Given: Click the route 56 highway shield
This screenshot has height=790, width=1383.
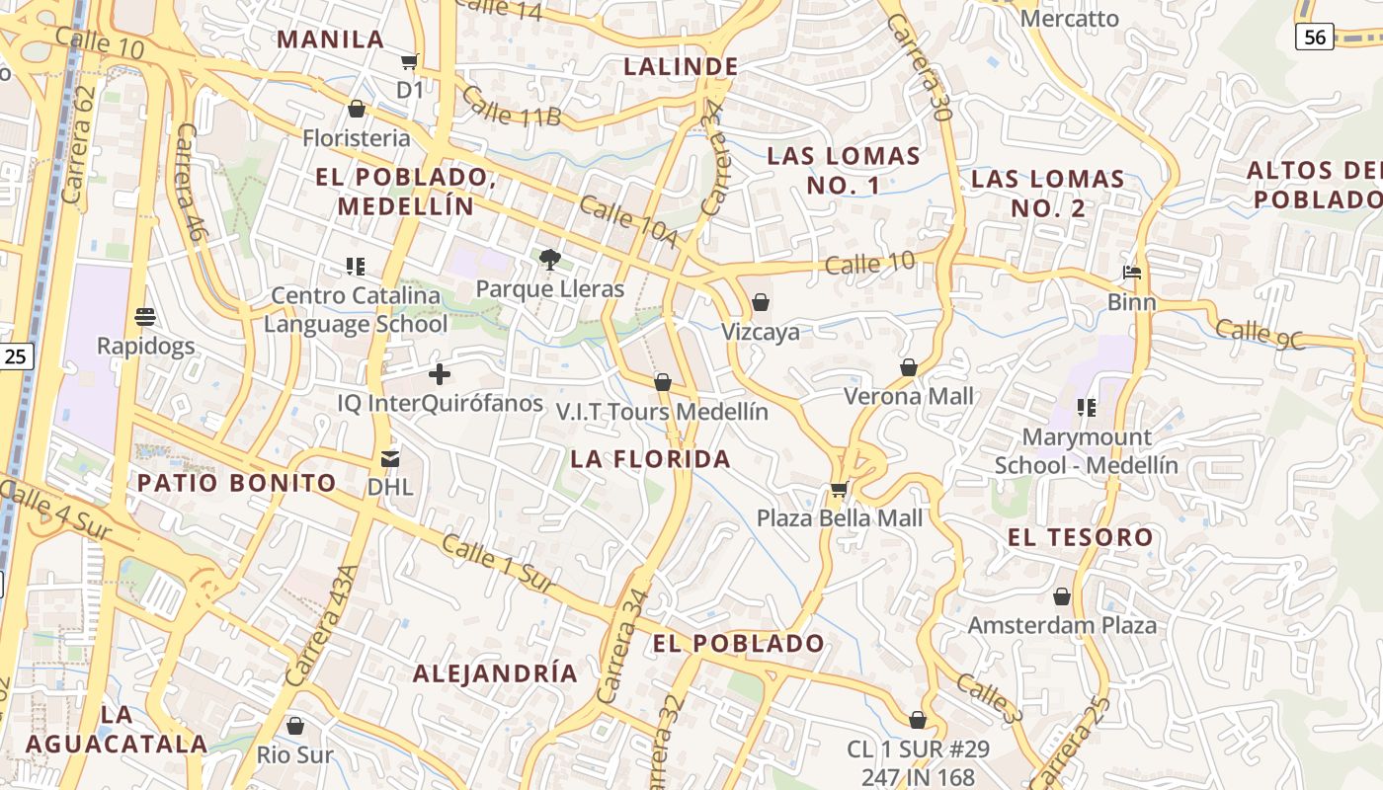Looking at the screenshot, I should [x=1315, y=37].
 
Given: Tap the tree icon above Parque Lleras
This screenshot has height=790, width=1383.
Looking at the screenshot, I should [x=550, y=260].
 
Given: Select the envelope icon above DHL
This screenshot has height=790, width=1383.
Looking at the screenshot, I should [x=390, y=459].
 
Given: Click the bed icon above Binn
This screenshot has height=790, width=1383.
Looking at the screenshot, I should [x=1132, y=273].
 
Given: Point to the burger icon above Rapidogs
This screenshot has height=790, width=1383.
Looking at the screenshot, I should [x=145, y=317].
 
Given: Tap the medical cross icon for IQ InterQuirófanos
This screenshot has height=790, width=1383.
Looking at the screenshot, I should [x=440, y=374].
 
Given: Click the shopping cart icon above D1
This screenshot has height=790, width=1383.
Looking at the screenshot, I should [x=409, y=62].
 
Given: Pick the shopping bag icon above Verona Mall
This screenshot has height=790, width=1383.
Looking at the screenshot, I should [x=909, y=367].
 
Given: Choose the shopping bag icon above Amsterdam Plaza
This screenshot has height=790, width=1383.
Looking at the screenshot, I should [x=1062, y=596].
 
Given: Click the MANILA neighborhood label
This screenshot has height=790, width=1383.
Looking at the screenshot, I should [x=330, y=39].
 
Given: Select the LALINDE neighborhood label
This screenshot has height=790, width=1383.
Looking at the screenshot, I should [x=682, y=66].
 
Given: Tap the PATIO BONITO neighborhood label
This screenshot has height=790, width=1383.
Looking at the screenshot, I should [x=237, y=483].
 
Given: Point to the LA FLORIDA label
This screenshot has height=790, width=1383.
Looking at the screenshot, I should [x=651, y=459].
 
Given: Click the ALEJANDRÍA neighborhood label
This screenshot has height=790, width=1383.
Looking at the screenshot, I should [x=495, y=673].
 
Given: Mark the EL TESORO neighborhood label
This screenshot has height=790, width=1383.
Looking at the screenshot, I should [x=1081, y=538].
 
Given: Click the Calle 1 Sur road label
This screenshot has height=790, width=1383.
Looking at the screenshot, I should [x=497, y=565].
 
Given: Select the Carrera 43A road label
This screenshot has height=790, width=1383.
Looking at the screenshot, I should [x=322, y=626].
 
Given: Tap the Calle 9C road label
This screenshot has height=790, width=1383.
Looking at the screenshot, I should [x=1261, y=334].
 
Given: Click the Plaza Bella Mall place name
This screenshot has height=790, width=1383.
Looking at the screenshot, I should [x=840, y=518].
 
